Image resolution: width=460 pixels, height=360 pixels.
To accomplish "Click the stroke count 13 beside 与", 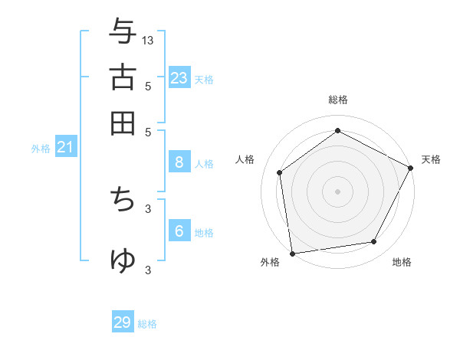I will (148, 40).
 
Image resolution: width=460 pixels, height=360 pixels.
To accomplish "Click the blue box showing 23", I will (179, 77).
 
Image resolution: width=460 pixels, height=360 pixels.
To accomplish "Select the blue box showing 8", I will (179, 162).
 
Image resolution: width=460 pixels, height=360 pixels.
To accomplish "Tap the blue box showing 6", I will (179, 231).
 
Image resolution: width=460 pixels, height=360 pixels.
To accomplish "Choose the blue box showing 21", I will (65, 147).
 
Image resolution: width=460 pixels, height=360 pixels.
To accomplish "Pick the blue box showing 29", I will (123, 322).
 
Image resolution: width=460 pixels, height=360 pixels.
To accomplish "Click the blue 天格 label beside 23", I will (204, 79).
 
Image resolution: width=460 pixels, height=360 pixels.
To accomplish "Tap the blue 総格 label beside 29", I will (147, 324).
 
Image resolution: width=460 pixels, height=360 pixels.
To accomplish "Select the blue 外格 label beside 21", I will (41, 149).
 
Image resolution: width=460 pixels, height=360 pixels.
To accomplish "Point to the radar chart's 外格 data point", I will (292, 253).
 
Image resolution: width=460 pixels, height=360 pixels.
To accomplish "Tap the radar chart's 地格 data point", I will (374, 241).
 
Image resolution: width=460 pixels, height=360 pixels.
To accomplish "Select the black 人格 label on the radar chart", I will (245, 159).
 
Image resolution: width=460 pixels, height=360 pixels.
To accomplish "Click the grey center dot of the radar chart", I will (337, 191).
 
